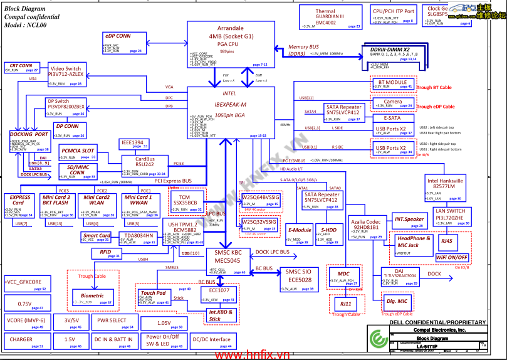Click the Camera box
click(x=392, y=103)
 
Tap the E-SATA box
click(x=392, y=118)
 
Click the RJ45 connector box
click(x=447, y=241)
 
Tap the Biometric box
click(x=92, y=297)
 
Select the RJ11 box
click(x=345, y=304)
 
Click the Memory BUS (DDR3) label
click(x=303, y=51)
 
